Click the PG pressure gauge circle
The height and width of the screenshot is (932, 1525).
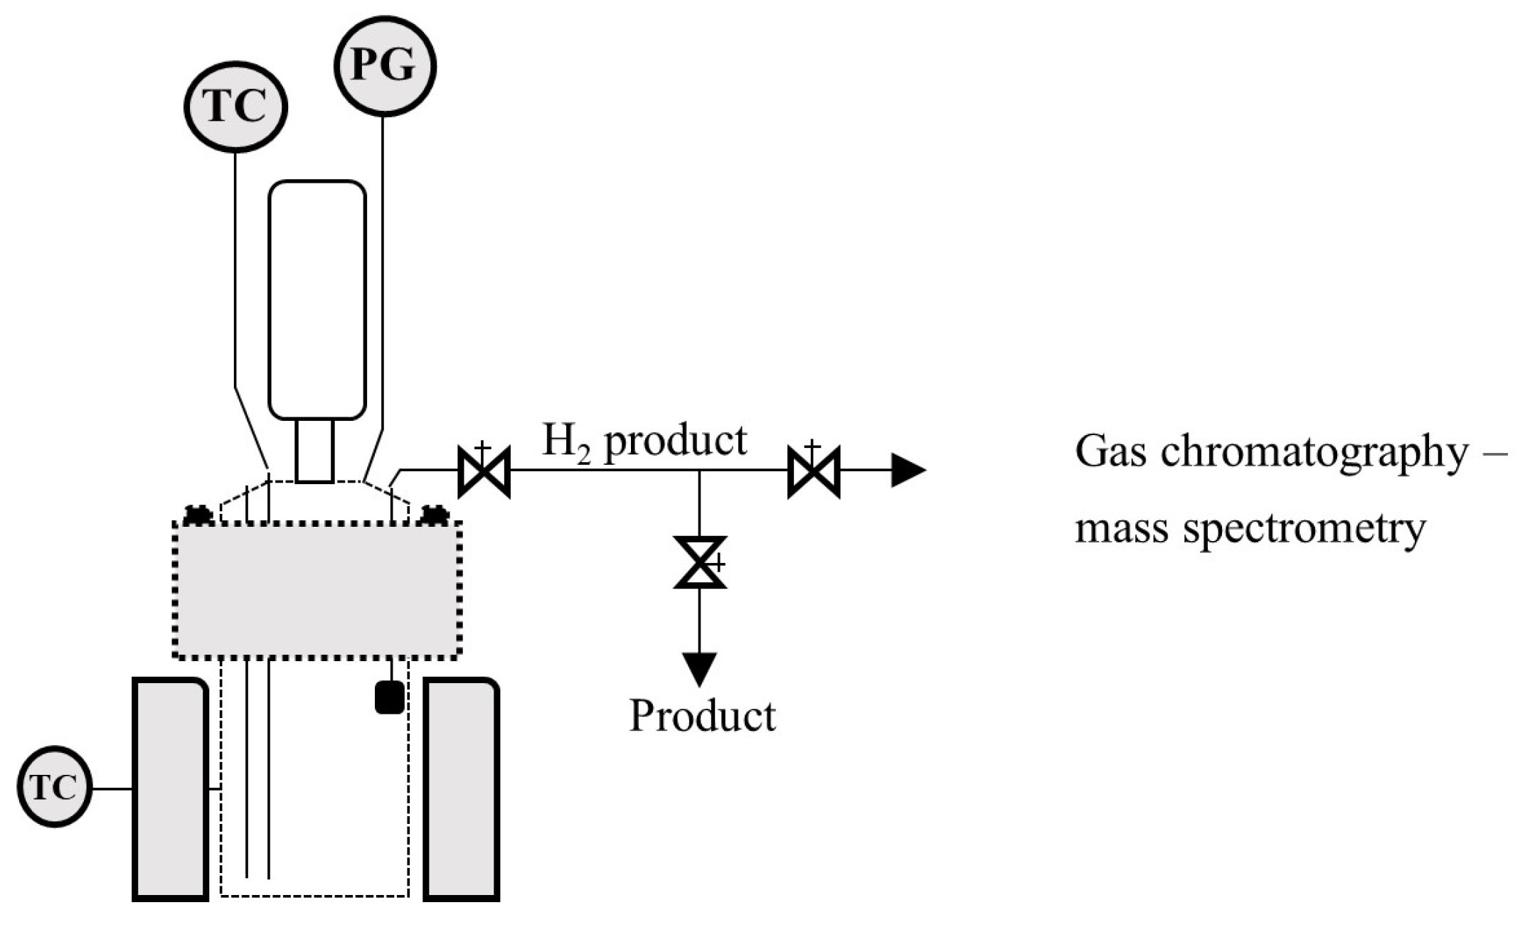point(384,65)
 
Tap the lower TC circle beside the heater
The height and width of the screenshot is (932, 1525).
point(55,786)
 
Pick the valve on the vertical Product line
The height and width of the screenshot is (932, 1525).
point(700,562)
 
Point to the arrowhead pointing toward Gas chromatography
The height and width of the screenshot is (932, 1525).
point(908,471)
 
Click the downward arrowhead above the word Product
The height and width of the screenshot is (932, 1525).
point(700,668)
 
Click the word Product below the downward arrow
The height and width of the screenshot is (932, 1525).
point(702,716)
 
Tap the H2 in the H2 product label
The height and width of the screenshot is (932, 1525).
point(566,442)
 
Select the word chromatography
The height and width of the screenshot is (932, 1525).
point(1314,452)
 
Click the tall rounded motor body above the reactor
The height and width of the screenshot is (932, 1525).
point(317,299)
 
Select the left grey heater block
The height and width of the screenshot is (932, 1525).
point(170,789)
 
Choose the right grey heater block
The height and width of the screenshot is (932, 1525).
point(461,789)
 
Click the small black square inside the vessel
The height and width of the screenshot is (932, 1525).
point(390,697)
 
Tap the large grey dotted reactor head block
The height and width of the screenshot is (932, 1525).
point(317,590)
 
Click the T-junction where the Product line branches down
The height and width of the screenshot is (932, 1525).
point(700,471)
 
